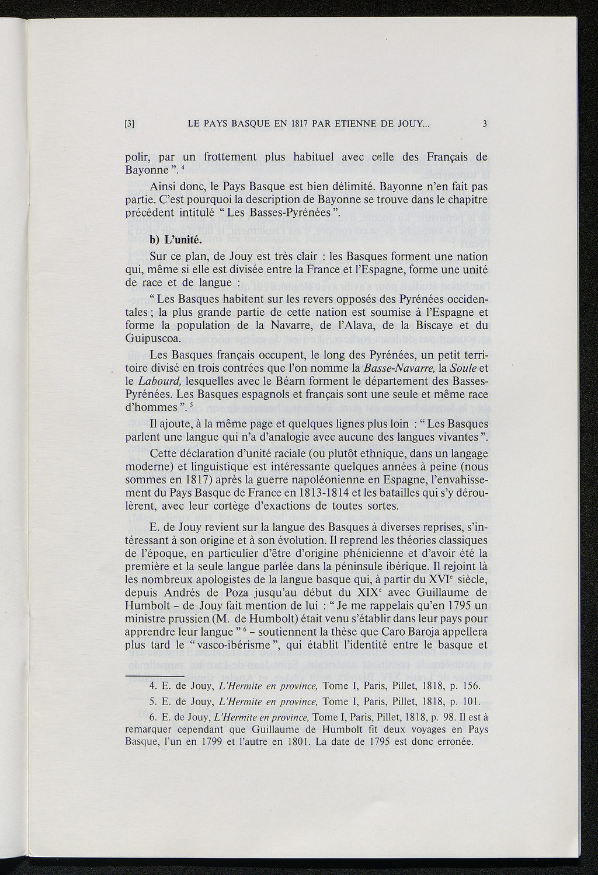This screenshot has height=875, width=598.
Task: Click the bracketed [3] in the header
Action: point(131,123)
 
